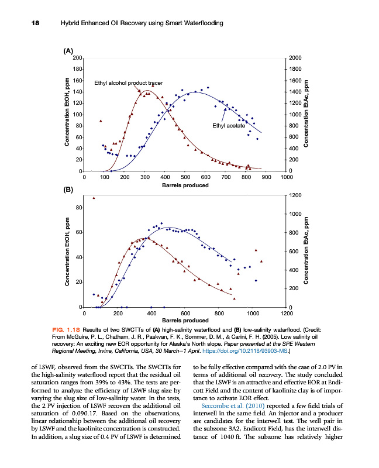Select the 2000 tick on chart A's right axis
click(x=296, y=58)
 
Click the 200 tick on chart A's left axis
click(x=77, y=58)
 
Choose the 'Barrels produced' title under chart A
click(x=185, y=185)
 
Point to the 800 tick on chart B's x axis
click(x=219, y=314)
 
